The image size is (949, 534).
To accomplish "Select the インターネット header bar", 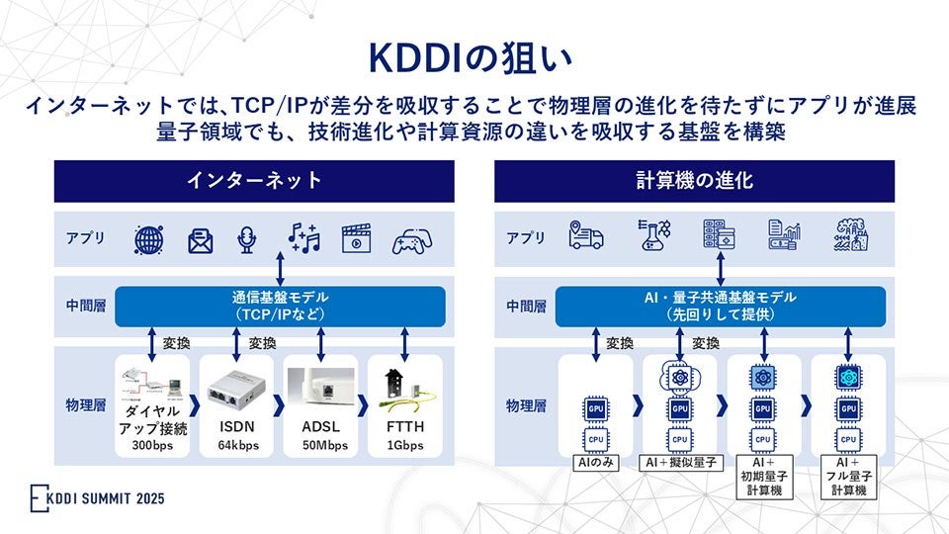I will [254, 181].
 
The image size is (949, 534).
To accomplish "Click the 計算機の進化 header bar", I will [694, 181].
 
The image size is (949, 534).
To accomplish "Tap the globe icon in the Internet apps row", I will [149, 239].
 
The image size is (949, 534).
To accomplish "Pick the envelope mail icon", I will [201, 239].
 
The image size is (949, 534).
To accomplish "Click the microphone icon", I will [247, 239].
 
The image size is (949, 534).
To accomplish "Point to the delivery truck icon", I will [585, 235].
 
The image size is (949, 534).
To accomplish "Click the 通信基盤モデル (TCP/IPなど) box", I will [282, 306].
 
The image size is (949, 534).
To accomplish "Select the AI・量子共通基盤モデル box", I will [721, 306].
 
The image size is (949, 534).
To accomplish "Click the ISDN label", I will [235, 427].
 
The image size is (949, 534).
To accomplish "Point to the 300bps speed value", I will [152, 445].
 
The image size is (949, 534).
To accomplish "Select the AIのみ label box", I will [595, 462].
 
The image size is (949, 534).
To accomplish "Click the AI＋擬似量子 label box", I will [680, 462].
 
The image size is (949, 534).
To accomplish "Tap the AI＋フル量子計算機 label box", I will [848, 476].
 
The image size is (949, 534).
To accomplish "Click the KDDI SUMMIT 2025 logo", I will [97, 497].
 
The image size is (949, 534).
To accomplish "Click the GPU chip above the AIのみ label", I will [595, 408].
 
